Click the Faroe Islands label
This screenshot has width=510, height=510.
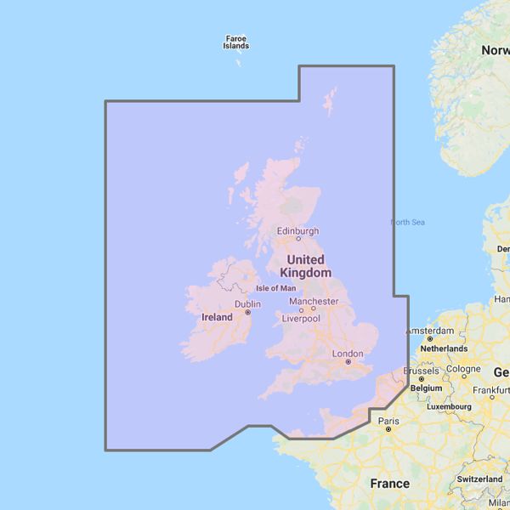(x=236, y=42)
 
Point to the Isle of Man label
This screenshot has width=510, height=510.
(x=276, y=289)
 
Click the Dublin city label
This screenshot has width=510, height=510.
(x=247, y=303)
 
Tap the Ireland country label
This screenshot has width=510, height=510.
(x=217, y=317)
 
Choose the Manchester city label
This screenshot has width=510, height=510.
(x=314, y=301)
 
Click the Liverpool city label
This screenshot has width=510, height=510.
(x=301, y=319)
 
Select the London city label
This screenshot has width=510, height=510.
(x=348, y=354)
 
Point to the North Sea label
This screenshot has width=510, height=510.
(x=407, y=223)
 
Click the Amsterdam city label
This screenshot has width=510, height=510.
(x=431, y=330)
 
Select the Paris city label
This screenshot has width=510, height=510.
(x=388, y=421)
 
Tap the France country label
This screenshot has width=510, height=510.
(x=390, y=484)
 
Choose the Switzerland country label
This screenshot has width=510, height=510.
(x=479, y=479)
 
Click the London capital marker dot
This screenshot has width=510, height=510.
(x=348, y=362)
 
